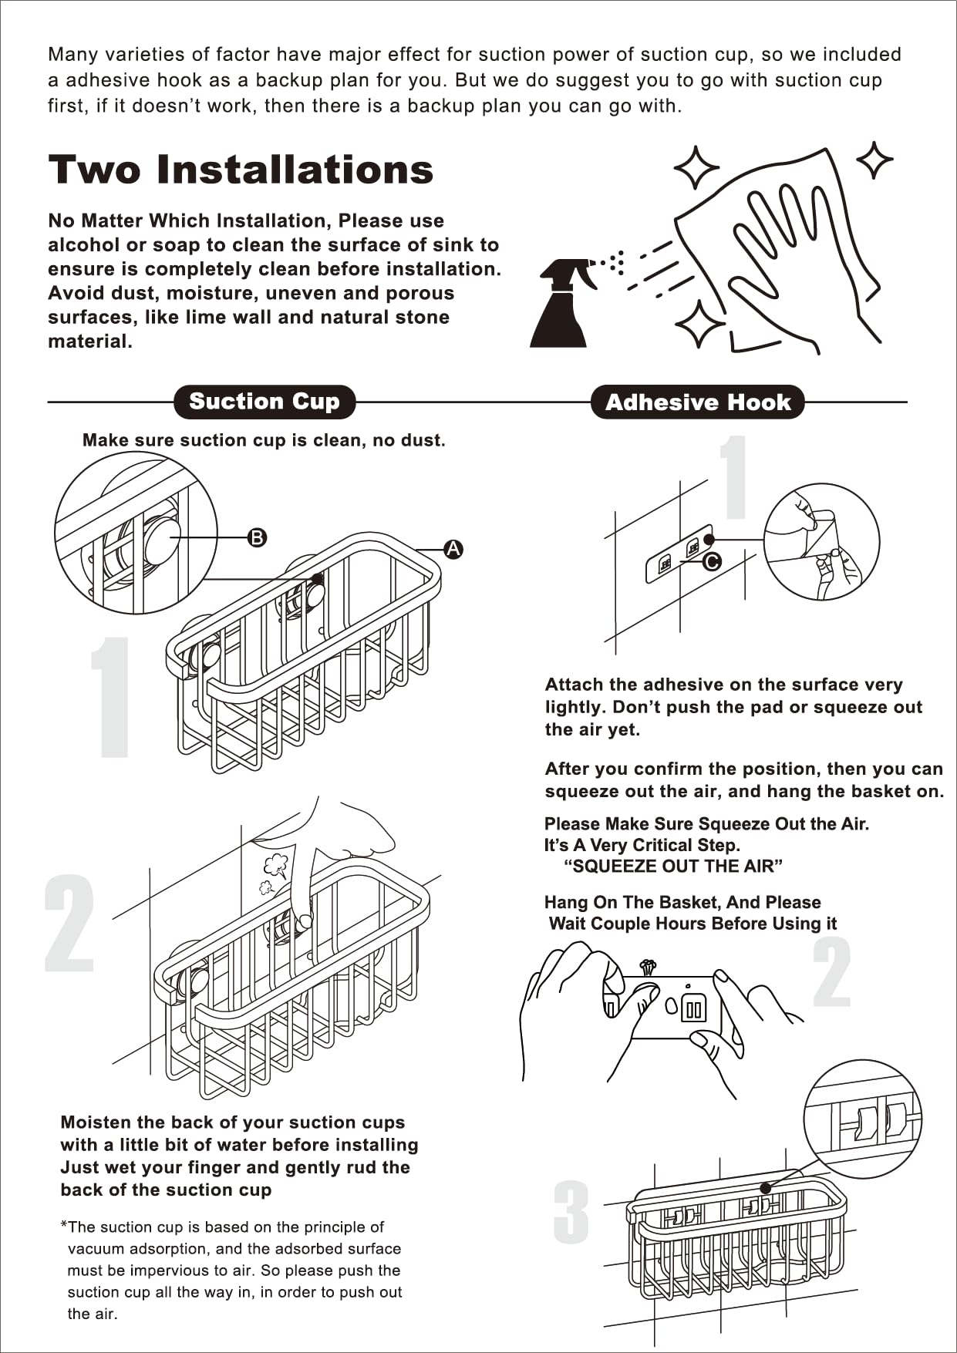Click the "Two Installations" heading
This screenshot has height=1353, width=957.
click(x=241, y=170)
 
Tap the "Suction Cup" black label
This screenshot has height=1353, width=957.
click(x=265, y=402)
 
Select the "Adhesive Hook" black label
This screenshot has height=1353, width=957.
click(x=698, y=402)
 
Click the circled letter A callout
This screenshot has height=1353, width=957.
click(x=453, y=549)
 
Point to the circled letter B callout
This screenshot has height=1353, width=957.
click(x=257, y=537)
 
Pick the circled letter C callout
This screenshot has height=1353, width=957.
click(x=712, y=561)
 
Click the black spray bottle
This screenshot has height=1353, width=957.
click(x=561, y=305)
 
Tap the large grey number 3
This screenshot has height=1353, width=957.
click(x=571, y=1213)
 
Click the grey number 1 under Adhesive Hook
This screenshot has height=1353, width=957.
click(x=735, y=477)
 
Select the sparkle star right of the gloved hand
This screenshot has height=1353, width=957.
click(x=874, y=160)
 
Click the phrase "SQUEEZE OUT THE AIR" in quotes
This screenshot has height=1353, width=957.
click(x=673, y=867)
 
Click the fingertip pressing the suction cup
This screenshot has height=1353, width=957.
click(x=305, y=920)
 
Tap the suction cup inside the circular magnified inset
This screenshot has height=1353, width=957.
click(x=160, y=540)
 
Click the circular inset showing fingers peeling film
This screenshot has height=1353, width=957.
click(x=821, y=541)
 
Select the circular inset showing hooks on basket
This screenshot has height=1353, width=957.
click(x=862, y=1118)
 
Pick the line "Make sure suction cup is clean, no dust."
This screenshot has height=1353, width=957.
click(x=264, y=440)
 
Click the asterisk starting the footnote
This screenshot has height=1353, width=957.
click(x=63, y=1225)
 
